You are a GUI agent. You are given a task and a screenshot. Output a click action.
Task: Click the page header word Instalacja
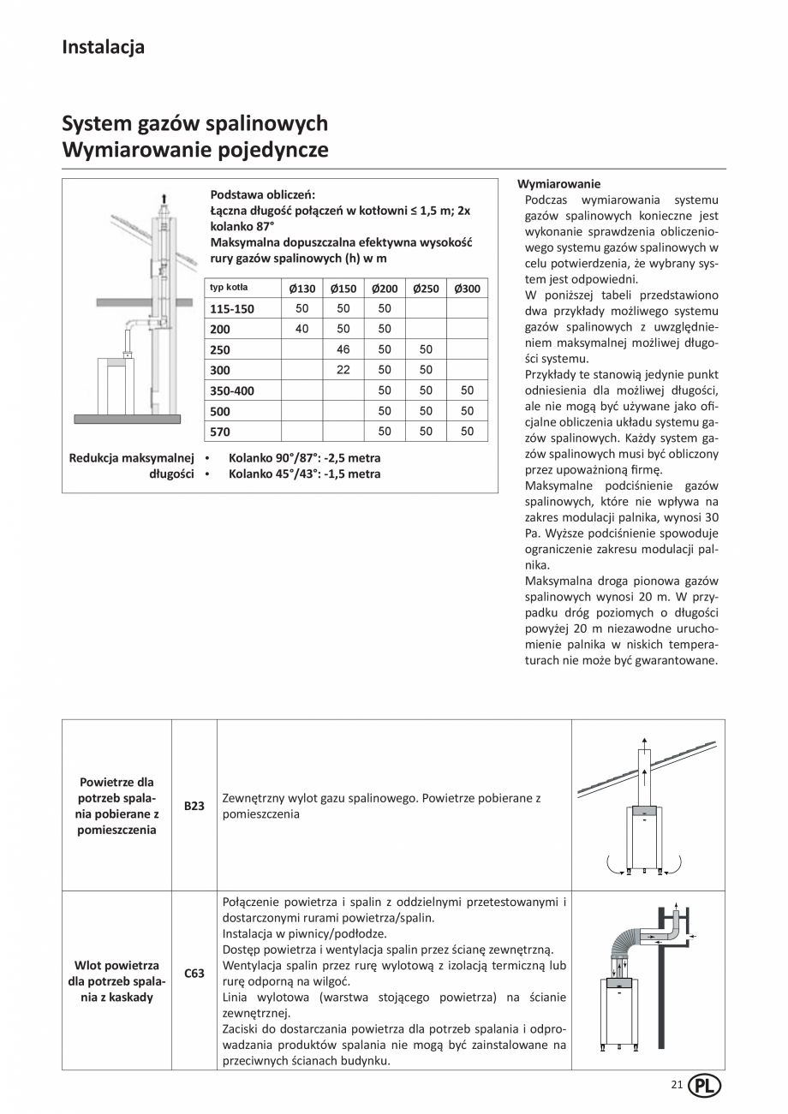pyautogui.click(x=103, y=47)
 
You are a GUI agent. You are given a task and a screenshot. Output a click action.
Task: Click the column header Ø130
pyautogui.click(x=301, y=289)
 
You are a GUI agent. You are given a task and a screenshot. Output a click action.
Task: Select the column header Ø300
pyautogui.click(x=467, y=289)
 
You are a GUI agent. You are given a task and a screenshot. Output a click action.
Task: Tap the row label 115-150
pyautogui.click(x=233, y=309)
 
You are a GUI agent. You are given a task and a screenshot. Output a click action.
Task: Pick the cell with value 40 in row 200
pyautogui.click(x=301, y=329)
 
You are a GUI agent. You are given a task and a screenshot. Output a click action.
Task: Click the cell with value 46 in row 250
pyautogui.click(x=343, y=349)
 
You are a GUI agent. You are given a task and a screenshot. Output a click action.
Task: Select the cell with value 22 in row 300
pyautogui.click(x=343, y=370)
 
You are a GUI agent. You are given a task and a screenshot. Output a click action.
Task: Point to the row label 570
pyautogui.click(x=221, y=432)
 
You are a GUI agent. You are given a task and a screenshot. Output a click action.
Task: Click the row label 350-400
pyautogui.click(x=233, y=390)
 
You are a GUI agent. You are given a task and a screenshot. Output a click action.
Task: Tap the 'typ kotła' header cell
pyautogui.click(x=229, y=288)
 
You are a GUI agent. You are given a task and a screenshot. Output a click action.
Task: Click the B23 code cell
pyautogui.click(x=194, y=806)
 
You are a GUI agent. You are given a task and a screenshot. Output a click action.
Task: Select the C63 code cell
pyautogui.click(x=194, y=974)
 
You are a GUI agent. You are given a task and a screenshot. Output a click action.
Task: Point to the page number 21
pyautogui.click(x=677, y=1085)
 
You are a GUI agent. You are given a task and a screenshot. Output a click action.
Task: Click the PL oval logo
pyautogui.click(x=704, y=1085)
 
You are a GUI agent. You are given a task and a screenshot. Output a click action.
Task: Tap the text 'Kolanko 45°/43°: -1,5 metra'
pyautogui.click(x=304, y=474)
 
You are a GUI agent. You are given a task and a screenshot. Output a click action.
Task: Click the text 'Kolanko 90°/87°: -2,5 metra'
pyautogui.click(x=304, y=458)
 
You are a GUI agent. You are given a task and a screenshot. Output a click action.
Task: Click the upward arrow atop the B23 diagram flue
pyautogui.click(x=643, y=742)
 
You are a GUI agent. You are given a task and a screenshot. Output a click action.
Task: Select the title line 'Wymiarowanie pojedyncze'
pyautogui.click(x=195, y=151)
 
